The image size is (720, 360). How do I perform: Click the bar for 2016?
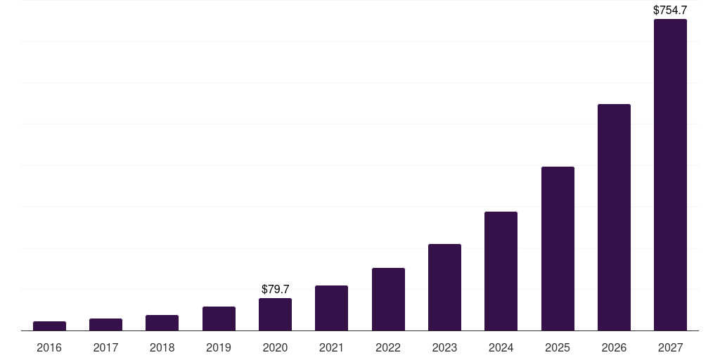click(x=49, y=326)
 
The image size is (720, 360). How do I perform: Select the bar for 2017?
click(x=105, y=325)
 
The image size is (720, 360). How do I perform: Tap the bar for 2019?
click(x=219, y=319)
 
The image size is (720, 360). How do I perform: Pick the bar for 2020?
click(x=275, y=314)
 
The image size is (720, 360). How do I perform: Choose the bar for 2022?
click(x=388, y=300)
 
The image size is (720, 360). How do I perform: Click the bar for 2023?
click(x=444, y=288)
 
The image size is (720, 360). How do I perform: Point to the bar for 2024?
click(x=501, y=271)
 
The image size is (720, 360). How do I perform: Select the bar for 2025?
click(x=558, y=249)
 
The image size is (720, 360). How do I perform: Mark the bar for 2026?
click(x=614, y=217)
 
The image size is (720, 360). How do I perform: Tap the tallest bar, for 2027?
click(x=670, y=175)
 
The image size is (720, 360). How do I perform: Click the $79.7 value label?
click(x=275, y=289)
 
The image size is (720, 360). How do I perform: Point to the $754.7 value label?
click(x=670, y=11)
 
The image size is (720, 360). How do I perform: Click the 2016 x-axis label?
click(x=49, y=348)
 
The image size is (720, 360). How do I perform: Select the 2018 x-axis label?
click(x=162, y=348)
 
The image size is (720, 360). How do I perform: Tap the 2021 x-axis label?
click(x=331, y=348)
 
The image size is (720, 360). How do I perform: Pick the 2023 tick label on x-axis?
click(x=444, y=348)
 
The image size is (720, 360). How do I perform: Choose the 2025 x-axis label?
click(x=558, y=348)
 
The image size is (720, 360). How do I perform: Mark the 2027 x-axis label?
click(x=670, y=348)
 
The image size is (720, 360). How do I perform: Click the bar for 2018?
click(x=162, y=323)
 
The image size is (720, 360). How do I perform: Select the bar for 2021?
click(x=331, y=308)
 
